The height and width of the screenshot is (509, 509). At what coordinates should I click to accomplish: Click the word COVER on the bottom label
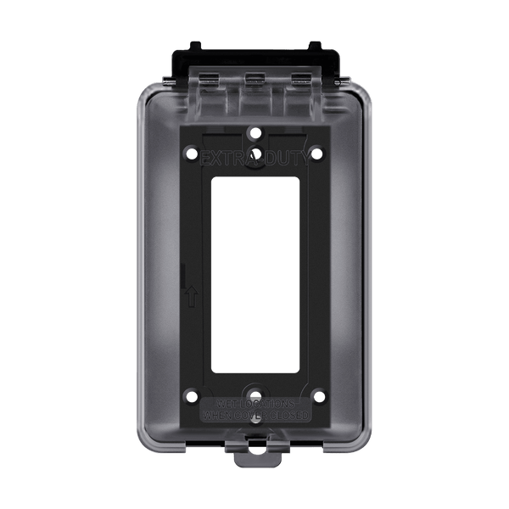[249, 417]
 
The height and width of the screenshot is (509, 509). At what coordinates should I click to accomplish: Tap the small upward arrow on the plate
[193, 297]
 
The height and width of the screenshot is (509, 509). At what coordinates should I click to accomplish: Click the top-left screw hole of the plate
[191, 154]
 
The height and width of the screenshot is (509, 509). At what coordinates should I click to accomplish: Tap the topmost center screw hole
[255, 133]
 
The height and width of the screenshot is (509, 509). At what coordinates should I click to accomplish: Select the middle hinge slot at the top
[254, 79]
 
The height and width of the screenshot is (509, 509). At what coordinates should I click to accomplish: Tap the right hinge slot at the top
[300, 79]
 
